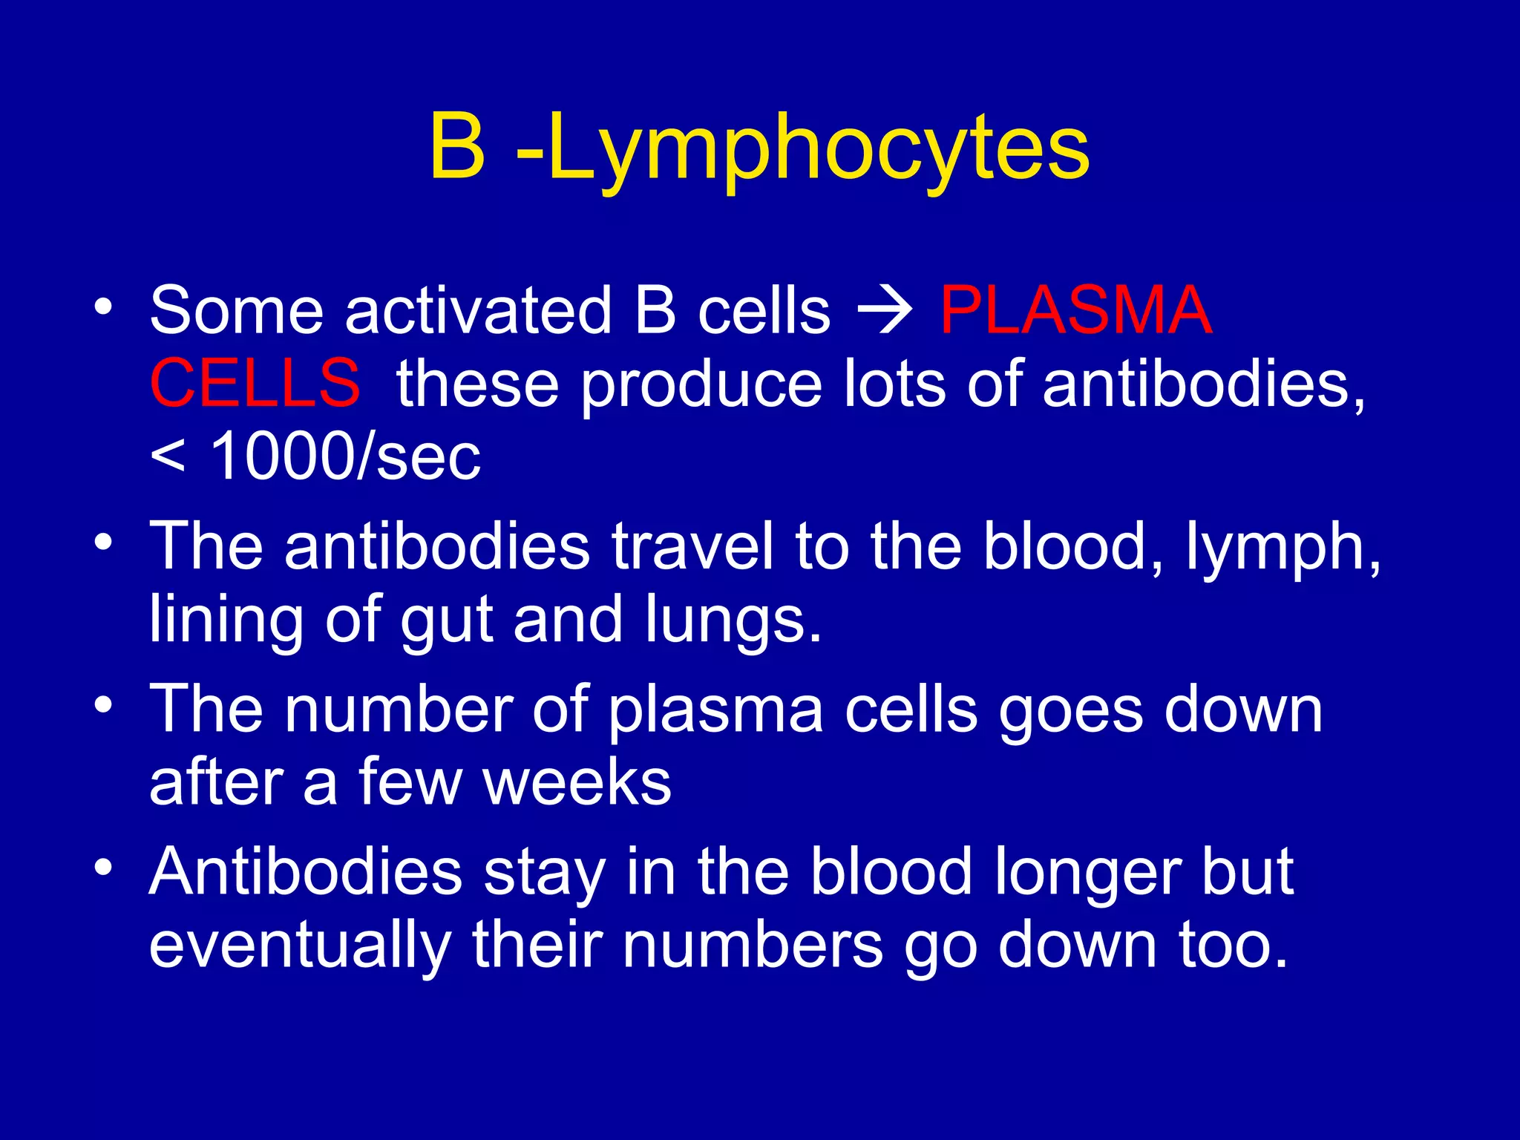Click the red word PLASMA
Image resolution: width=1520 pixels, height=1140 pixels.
click(1075, 310)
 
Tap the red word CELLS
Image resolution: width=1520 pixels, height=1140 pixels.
click(255, 383)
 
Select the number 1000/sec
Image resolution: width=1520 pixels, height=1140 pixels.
click(345, 456)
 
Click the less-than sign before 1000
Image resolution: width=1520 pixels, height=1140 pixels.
click(167, 456)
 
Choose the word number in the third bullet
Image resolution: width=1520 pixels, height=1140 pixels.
click(399, 710)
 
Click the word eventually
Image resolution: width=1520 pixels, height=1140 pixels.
click(300, 946)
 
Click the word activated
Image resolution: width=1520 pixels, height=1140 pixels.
click(479, 310)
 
